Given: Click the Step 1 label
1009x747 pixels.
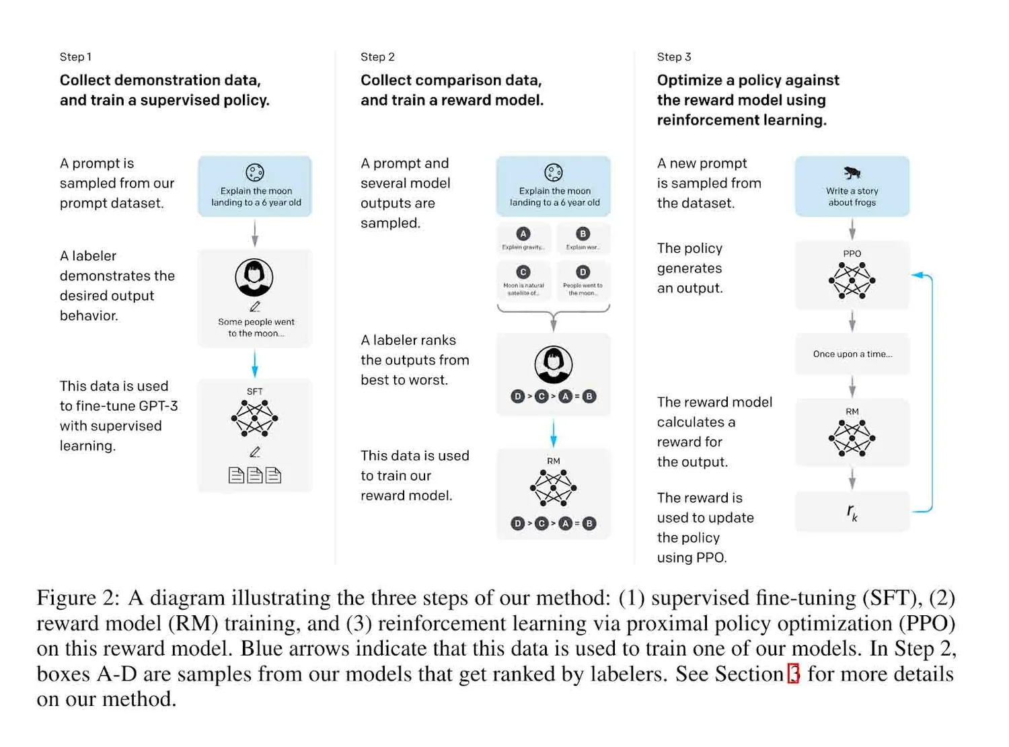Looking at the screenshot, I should (x=75, y=57).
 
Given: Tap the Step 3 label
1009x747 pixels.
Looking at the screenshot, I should (x=673, y=57).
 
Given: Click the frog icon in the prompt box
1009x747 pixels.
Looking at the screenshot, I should (x=852, y=173).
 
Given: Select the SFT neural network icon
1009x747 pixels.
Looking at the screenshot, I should (x=254, y=418).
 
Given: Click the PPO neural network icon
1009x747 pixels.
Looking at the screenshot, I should (x=852, y=280).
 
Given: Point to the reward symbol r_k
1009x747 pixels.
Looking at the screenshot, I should (x=852, y=512).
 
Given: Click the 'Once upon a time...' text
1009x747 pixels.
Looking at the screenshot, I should (x=852, y=354).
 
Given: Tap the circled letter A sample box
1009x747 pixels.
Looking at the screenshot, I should (x=523, y=239).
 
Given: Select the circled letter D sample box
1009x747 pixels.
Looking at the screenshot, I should (x=583, y=278).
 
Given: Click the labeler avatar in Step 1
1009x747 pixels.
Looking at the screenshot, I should (x=254, y=277).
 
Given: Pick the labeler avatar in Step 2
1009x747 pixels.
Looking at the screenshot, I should (x=553, y=364).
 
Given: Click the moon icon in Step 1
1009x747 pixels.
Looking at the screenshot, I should (x=255, y=173).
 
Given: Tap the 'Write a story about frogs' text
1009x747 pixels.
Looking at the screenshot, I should (x=852, y=196).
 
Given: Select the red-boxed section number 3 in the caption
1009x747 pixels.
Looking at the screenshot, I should (x=794, y=674).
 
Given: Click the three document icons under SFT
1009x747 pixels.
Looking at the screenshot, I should (x=254, y=475).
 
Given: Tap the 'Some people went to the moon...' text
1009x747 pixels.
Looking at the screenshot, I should (x=256, y=327).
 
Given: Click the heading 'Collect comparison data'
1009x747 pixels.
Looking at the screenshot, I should (x=451, y=81).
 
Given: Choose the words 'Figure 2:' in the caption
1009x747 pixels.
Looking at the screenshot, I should (x=77, y=598).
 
